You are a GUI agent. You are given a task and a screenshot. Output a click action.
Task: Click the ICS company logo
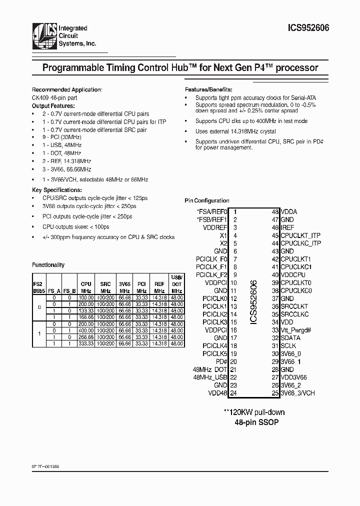44,36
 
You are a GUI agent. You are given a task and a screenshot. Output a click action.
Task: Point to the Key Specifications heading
56,190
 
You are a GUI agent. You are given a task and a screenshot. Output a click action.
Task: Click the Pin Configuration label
207,200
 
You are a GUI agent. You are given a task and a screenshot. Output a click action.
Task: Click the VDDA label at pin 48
289,211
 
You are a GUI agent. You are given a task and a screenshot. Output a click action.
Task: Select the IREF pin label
287,227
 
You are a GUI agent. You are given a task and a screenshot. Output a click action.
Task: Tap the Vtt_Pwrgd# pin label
296,330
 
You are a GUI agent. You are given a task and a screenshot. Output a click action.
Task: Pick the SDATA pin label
289,338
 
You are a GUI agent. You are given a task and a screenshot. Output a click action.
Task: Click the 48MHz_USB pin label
210,377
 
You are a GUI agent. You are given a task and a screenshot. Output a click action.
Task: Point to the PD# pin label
221,361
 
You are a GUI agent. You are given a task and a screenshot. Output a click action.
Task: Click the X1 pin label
223,235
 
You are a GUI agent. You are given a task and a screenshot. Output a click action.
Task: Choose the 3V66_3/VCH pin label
297,393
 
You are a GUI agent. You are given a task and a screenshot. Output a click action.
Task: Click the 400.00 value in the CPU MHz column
86,330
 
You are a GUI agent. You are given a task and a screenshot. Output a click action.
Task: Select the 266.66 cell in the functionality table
86,337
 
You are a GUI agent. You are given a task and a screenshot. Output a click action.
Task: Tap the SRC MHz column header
105,286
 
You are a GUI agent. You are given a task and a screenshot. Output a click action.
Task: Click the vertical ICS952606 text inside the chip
253,302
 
